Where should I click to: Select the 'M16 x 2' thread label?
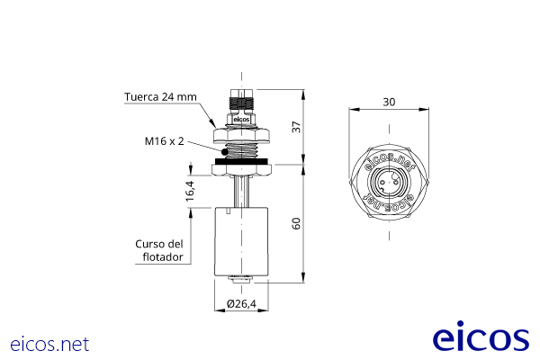[164, 141]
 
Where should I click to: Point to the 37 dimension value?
[296, 127]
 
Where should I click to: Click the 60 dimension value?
[296, 223]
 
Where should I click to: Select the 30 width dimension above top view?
[389, 102]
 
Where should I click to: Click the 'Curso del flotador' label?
[160, 250]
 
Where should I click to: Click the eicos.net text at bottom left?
[50, 344]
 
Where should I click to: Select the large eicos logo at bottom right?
[481, 337]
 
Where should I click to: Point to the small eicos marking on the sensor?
[240, 118]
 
